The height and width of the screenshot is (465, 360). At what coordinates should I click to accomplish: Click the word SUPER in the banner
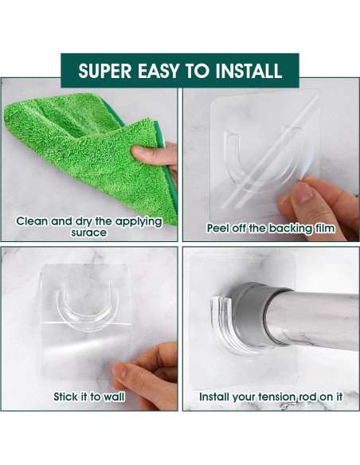click(105, 71)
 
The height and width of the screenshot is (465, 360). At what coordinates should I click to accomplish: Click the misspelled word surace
click(88, 232)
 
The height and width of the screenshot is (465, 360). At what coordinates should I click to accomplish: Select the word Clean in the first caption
click(29, 221)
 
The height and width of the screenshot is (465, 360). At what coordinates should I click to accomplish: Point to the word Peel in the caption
click(217, 228)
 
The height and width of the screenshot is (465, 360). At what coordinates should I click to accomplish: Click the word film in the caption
click(325, 228)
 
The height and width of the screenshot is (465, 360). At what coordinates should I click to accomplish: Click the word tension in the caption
click(277, 397)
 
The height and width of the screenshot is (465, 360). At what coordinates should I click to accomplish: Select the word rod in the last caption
click(307, 397)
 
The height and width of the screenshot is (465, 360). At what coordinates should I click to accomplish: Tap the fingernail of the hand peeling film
click(303, 192)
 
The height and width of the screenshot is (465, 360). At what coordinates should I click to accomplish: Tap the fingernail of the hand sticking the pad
click(120, 371)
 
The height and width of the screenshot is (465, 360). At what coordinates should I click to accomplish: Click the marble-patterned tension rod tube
click(317, 318)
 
